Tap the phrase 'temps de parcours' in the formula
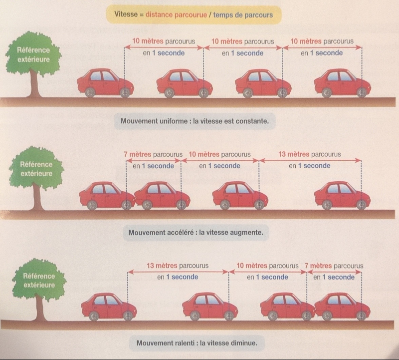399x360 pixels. (243, 15)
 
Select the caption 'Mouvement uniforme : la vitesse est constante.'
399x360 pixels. (198, 121)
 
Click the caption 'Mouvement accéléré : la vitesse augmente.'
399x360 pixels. (199, 233)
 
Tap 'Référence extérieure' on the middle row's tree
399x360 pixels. (36, 168)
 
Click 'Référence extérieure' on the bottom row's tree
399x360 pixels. (39, 280)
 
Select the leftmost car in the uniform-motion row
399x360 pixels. (105, 82)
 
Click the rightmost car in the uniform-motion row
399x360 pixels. (342, 82)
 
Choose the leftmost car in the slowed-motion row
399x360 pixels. (108, 306)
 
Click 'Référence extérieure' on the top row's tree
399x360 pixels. (32, 55)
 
